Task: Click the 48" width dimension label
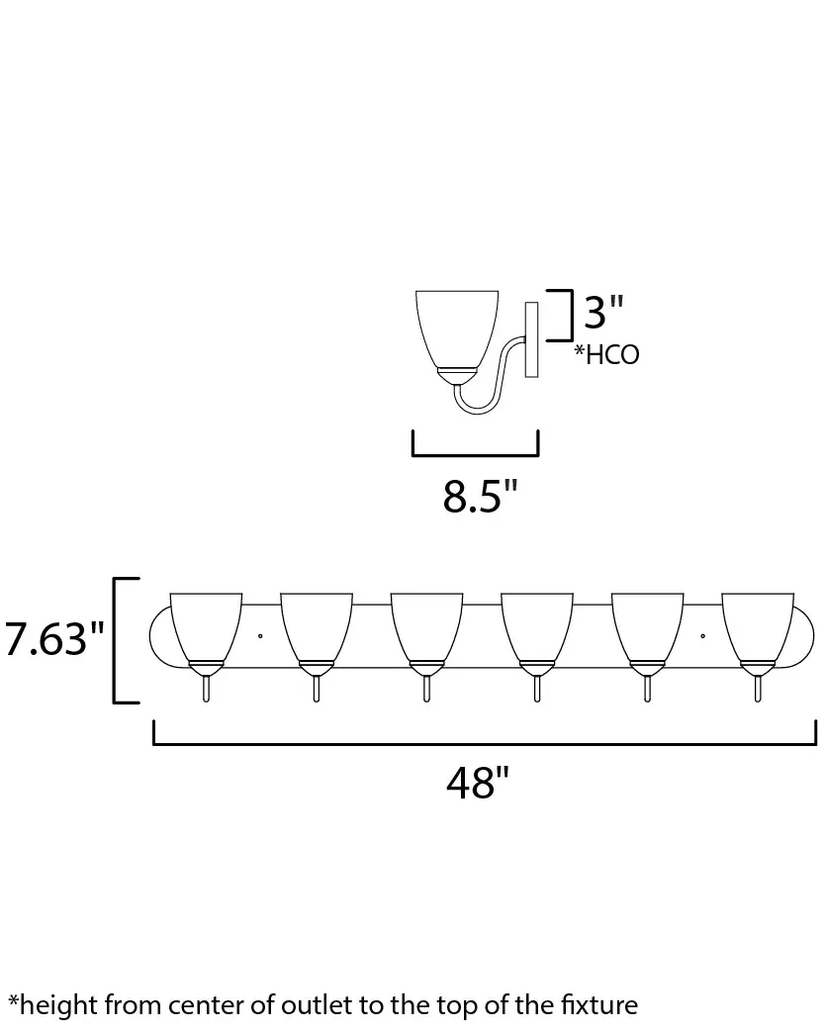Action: click(x=478, y=783)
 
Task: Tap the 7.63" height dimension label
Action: click(x=54, y=638)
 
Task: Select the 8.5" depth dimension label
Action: click(x=481, y=497)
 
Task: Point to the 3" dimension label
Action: click(x=603, y=312)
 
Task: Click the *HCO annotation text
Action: click(x=606, y=354)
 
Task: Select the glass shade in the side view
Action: click(x=457, y=329)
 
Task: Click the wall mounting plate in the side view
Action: click(x=531, y=339)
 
